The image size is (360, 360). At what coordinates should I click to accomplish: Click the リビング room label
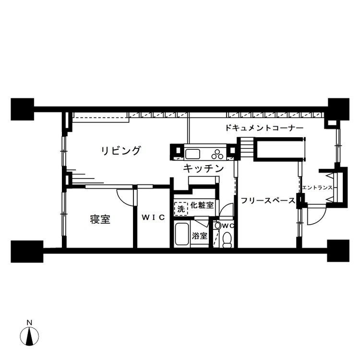coord(121,151)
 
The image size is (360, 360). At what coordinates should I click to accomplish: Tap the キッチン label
coord(203,168)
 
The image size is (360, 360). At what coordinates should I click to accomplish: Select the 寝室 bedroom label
coord(100,219)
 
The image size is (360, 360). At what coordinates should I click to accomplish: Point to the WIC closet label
coord(153,217)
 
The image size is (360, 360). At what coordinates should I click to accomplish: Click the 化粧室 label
coord(202,205)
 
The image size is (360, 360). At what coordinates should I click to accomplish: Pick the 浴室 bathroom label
coord(200,236)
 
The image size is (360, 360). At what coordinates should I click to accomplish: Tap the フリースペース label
coord(268,201)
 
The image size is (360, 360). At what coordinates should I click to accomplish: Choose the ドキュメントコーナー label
coord(264,128)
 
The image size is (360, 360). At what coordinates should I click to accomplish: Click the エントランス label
coord(317,188)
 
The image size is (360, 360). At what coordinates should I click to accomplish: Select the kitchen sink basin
coord(192,154)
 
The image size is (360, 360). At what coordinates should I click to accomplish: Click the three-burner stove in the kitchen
coord(217,154)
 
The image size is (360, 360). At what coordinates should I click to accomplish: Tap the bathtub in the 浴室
coord(182,234)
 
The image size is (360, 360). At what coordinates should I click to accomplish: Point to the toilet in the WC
coord(228,240)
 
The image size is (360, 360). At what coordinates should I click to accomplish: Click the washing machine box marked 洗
coord(181,209)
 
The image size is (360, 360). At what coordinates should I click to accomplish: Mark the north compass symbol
coord(29,336)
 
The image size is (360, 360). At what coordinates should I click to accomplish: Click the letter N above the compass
coord(29,323)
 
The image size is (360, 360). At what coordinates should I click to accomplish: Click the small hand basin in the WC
coord(217,226)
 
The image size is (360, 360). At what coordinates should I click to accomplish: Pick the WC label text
coord(228,226)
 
